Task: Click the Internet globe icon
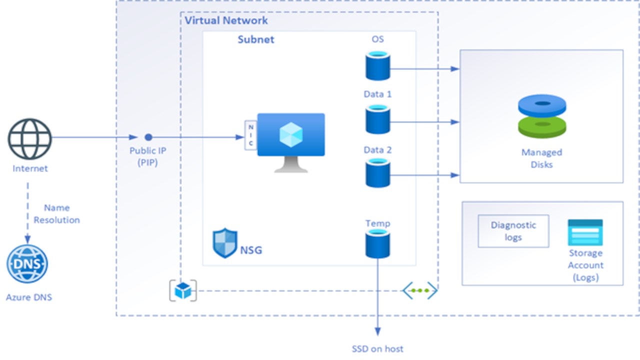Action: point(29,139)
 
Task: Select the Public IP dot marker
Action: point(148,137)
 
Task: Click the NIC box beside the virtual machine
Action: point(250,135)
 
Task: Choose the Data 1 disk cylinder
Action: point(377,120)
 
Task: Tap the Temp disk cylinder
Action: point(377,244)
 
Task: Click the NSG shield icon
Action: point(225,243)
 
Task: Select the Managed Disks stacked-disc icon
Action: point(542,116)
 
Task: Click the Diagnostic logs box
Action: point(513,231)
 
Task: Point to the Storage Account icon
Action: point(585,232)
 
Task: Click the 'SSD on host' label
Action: point(377,349)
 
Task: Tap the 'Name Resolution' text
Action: point(56,214)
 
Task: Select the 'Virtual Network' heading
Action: point(226,20)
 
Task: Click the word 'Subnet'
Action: point(256,39)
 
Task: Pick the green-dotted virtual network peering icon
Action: point(420,290)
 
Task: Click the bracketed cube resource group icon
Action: point(183,290)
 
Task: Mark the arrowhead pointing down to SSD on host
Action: point(377,331)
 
